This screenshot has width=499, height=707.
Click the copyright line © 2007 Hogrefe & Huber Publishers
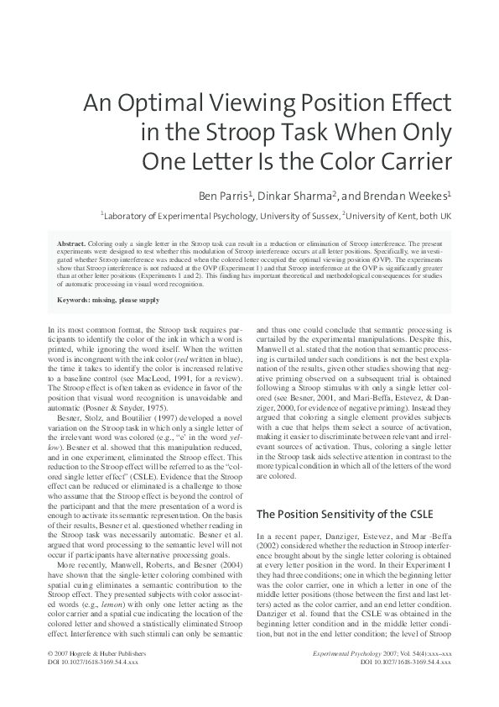coord(93,676)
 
